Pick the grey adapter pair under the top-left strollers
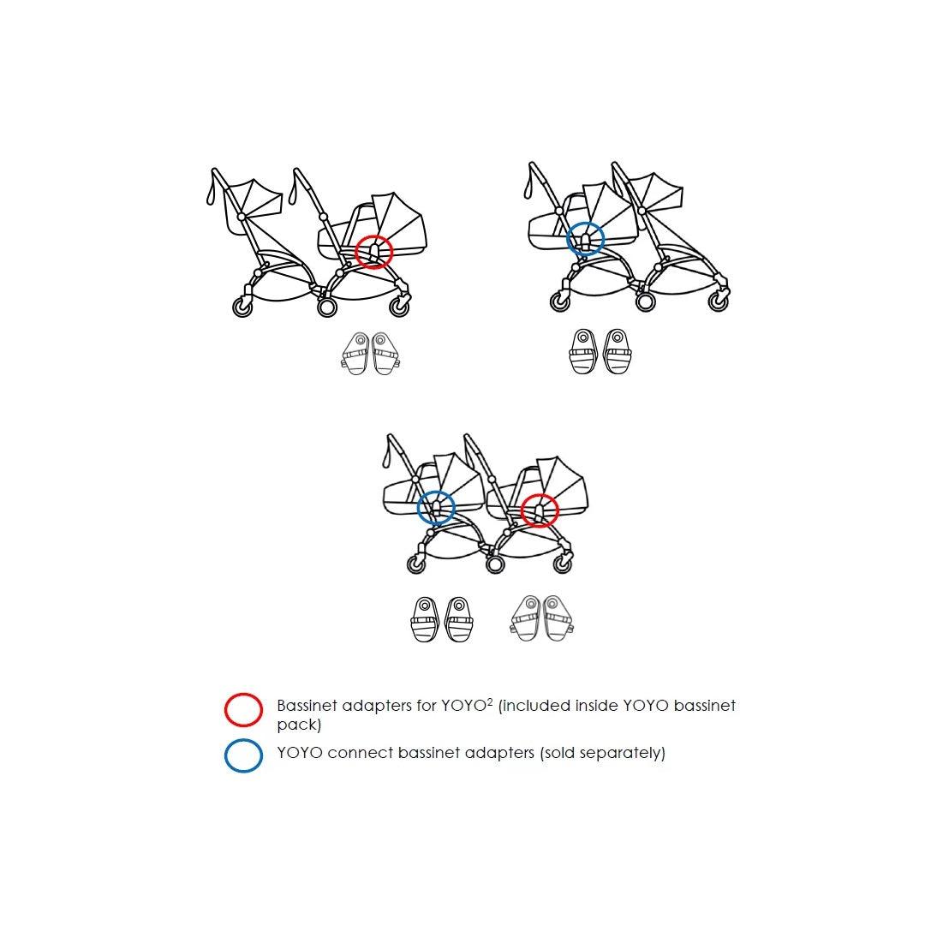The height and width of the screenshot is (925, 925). pos(371,354)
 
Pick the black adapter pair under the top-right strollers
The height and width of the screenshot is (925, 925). pos(600,352)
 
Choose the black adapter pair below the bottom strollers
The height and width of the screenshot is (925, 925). pos(441,619)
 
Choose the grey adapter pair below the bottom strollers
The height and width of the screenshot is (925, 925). pos(541,618)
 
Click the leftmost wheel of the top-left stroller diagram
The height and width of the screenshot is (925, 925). pos(242,307)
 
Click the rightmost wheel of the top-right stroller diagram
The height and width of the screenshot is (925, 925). pos(719,301)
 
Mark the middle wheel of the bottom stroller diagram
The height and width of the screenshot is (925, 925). pos(495,564)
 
